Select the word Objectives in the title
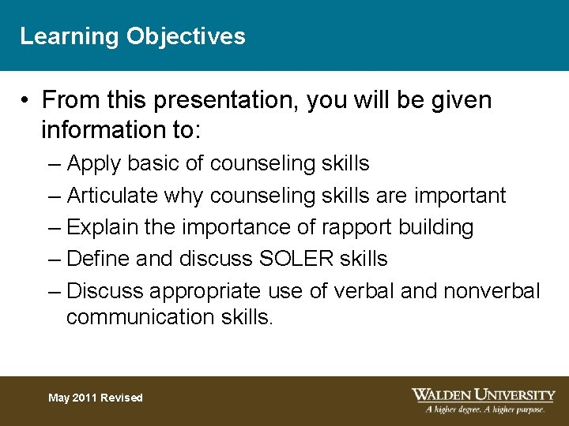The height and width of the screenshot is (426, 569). click(186, 36)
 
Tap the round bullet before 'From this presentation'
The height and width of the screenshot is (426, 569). click(26, 101)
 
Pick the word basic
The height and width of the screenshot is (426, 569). click(153, 163)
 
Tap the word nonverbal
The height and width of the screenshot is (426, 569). click(492, 291)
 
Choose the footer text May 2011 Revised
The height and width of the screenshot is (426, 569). click(96, 398)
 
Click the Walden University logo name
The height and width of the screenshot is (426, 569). click(484, 394)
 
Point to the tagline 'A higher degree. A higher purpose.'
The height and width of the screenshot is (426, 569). click(485, 409)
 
